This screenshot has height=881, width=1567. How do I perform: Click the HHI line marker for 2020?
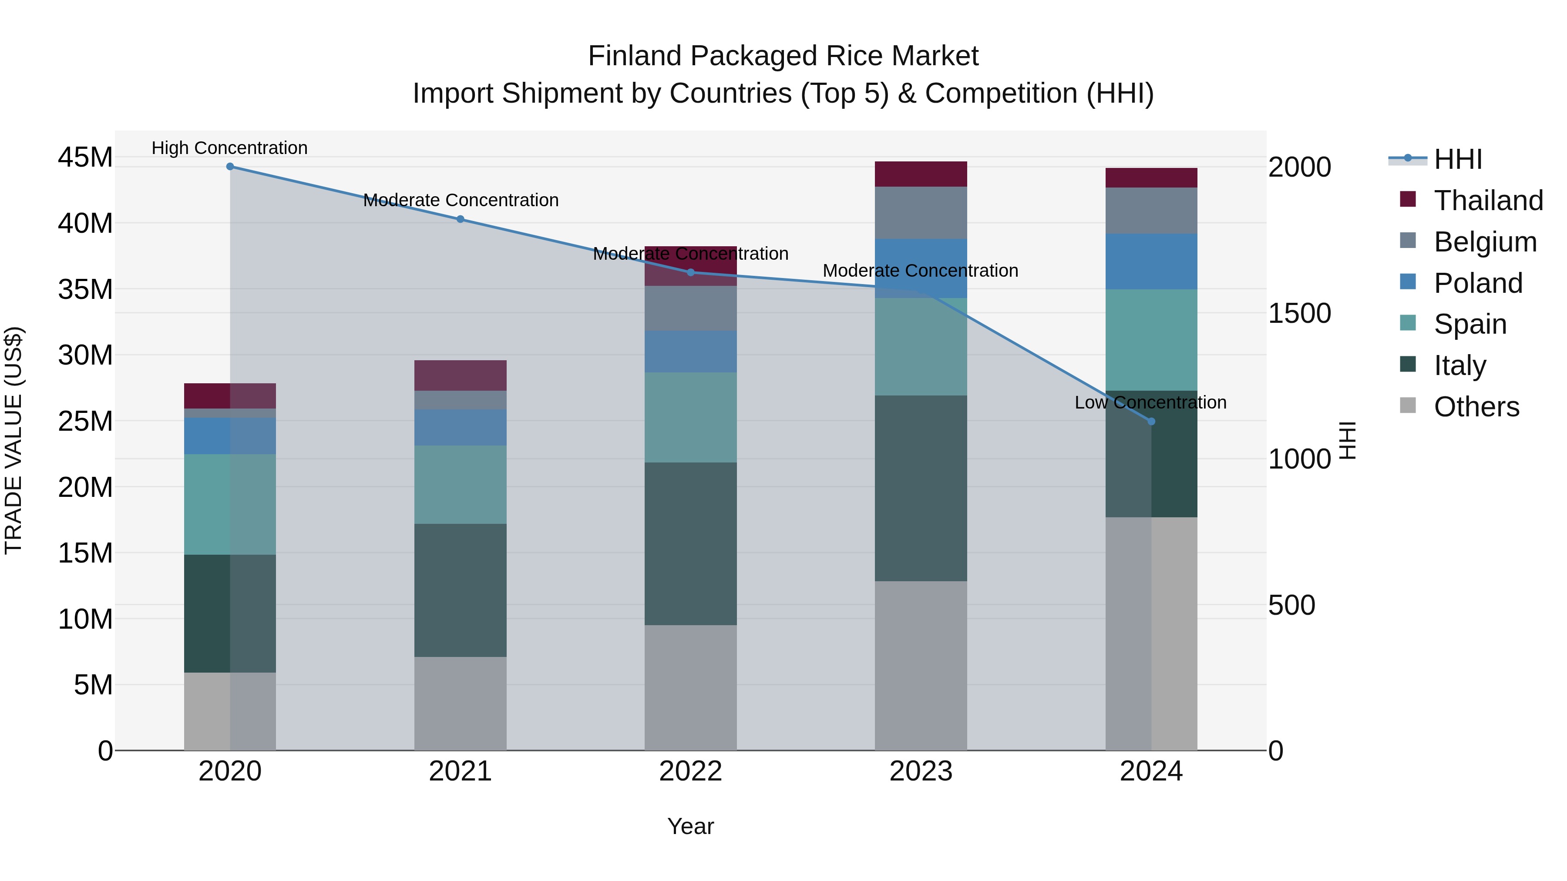(x=230, y=167)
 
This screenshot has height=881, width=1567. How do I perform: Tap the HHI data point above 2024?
(x=1151, y=421)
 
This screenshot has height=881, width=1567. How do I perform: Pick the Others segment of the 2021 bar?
(x=460, y=703)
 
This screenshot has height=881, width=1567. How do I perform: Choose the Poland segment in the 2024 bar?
(x=1151, y=261)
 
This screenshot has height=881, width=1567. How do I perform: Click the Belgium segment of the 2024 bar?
(x=1151, y=211)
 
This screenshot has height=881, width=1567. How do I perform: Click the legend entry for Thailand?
(x=1488, y=201)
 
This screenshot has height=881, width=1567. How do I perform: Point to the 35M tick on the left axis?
(x=85, y=289)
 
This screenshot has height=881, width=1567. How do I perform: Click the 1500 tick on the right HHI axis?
(x=1299, y=313)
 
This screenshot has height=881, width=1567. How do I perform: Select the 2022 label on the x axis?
(x=690, y=771)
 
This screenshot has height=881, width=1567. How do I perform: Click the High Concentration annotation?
(x=229, y=148)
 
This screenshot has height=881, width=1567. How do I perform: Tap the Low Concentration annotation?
(x=1150, y=402)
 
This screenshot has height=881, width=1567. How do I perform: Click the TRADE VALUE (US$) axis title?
(x=13, y=440)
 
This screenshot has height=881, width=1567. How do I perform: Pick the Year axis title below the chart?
(x=690, y=826)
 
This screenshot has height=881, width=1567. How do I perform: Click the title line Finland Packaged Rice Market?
(x=783, y=56)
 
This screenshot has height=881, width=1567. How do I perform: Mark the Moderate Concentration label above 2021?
(x=461, y=200)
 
